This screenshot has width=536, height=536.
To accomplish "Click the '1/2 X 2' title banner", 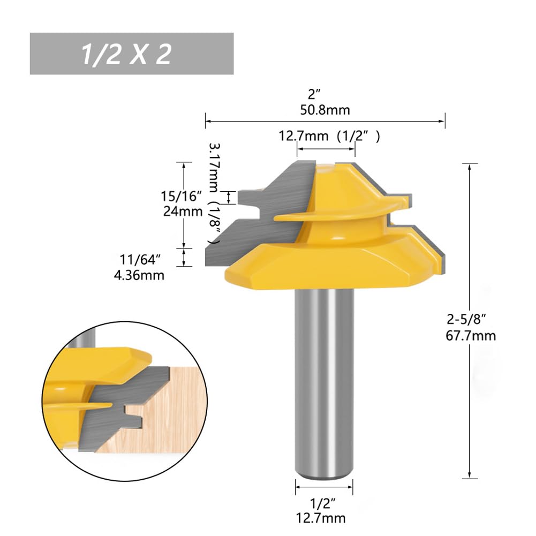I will pyautogui.click(x=131, y=54).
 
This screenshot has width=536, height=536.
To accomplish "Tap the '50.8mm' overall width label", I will pyautogui.click(x=325, y=110).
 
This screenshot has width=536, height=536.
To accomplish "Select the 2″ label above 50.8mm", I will pyautogui.click(x=313, y=95).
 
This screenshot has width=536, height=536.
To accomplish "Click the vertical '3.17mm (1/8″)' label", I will pyautogui.click(x=214, y=193).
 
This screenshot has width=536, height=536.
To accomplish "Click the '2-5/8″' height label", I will pyautogui.click(x=466, y=320).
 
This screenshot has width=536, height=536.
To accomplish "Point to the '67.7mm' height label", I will pyautogui.click(x=471, y=336).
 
